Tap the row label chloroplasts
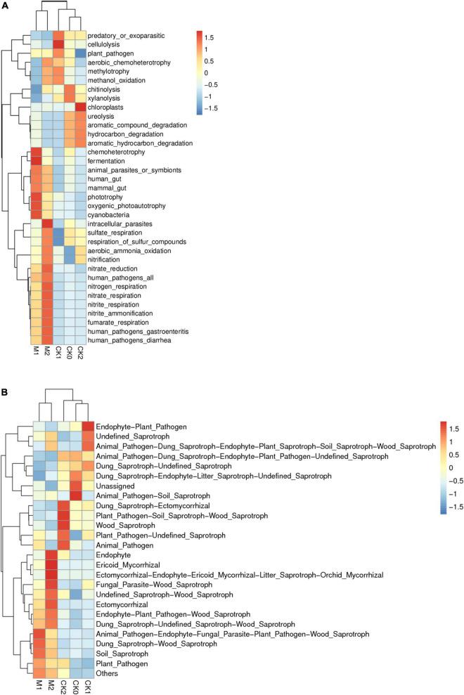109,107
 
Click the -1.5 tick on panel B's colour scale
449,526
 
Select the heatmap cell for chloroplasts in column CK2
79,107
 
